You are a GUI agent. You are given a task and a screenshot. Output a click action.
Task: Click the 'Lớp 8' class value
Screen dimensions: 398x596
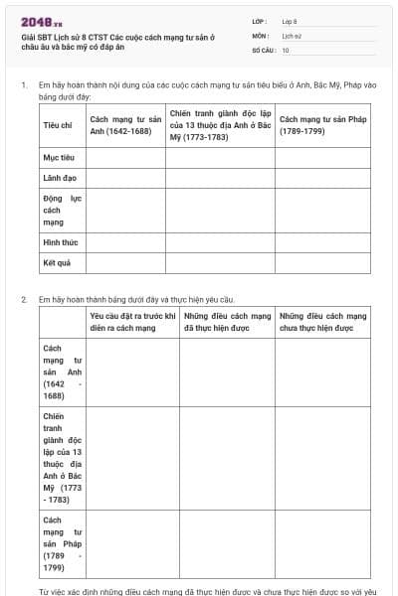click(x=291, y=21)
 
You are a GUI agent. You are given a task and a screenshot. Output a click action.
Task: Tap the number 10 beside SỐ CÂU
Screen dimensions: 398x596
click(x=287, y=50)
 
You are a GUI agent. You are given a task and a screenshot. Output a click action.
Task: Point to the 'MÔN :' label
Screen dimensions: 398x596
click(x=261, y=35)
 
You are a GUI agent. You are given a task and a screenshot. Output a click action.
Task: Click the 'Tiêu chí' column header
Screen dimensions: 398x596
click(x=58, y=125)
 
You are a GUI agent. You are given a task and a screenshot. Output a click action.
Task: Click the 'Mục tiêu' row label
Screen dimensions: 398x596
click(x=57, y=158)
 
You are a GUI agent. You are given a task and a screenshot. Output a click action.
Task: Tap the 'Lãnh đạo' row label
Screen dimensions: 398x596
click(x=58, y=179)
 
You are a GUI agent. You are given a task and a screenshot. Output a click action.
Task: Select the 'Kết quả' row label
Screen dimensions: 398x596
click(x=57, y=263)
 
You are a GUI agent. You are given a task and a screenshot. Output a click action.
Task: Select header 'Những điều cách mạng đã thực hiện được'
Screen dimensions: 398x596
click(x=227, y=321)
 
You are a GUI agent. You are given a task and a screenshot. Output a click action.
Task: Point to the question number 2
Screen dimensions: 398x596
click(x=24, y=299)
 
